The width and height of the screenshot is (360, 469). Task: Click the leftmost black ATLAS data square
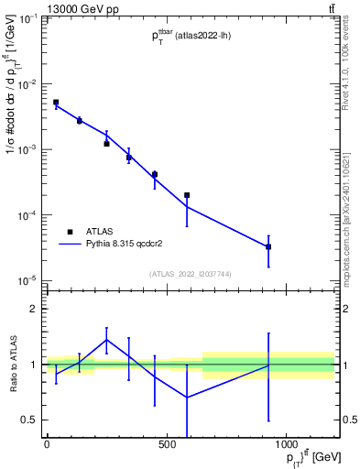56,103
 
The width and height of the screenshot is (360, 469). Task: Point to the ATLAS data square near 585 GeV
187,195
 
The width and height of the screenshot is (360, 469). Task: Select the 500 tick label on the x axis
167,446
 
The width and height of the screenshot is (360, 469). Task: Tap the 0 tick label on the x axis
47,446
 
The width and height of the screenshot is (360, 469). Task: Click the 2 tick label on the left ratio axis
33,309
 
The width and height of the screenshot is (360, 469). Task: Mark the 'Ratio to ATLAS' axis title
12,365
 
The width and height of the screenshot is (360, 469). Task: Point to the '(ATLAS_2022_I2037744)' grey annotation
190,274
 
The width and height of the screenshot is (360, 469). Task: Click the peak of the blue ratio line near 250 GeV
107,339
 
